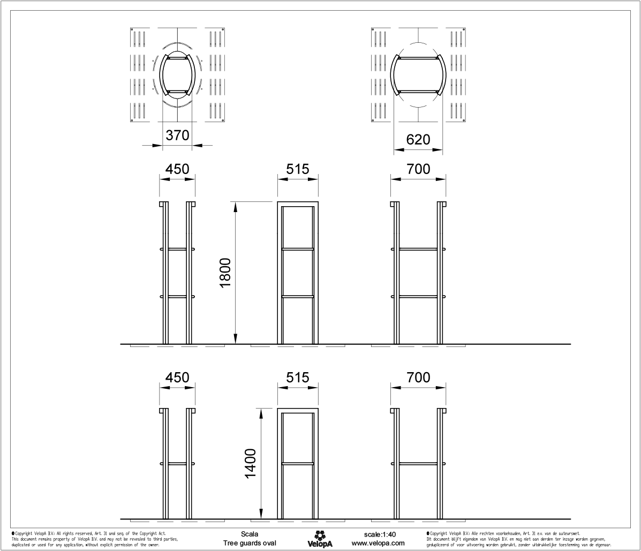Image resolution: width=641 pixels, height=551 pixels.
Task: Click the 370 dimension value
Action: (x=177, y=136)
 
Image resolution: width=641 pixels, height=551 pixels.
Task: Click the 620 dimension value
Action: (x=419, y=140)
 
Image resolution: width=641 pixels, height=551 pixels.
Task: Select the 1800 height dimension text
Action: (x=225, y=274)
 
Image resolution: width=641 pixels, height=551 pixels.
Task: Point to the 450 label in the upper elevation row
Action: (x=177, y=169)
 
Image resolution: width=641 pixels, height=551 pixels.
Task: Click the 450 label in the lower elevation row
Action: (x=177, y=378)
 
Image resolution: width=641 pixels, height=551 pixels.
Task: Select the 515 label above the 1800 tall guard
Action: (x=298, y=169)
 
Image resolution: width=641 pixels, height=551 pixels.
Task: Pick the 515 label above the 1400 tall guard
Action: (x=298, y=378)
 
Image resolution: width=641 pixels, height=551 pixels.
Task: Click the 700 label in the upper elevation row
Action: (x=419, y=169)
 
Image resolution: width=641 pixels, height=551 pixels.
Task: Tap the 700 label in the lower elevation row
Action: (x=419, y=378)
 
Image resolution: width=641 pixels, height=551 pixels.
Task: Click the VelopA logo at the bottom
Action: (x=320, y=539)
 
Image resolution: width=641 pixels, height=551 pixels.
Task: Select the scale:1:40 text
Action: (x=382, y=534)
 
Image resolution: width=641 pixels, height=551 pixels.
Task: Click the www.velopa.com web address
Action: (x=382, y=543)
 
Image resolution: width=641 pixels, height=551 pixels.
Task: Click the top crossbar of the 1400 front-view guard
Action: (x=298, y=410)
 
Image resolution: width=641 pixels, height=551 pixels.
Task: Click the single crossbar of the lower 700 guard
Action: (x=419, y=463)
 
